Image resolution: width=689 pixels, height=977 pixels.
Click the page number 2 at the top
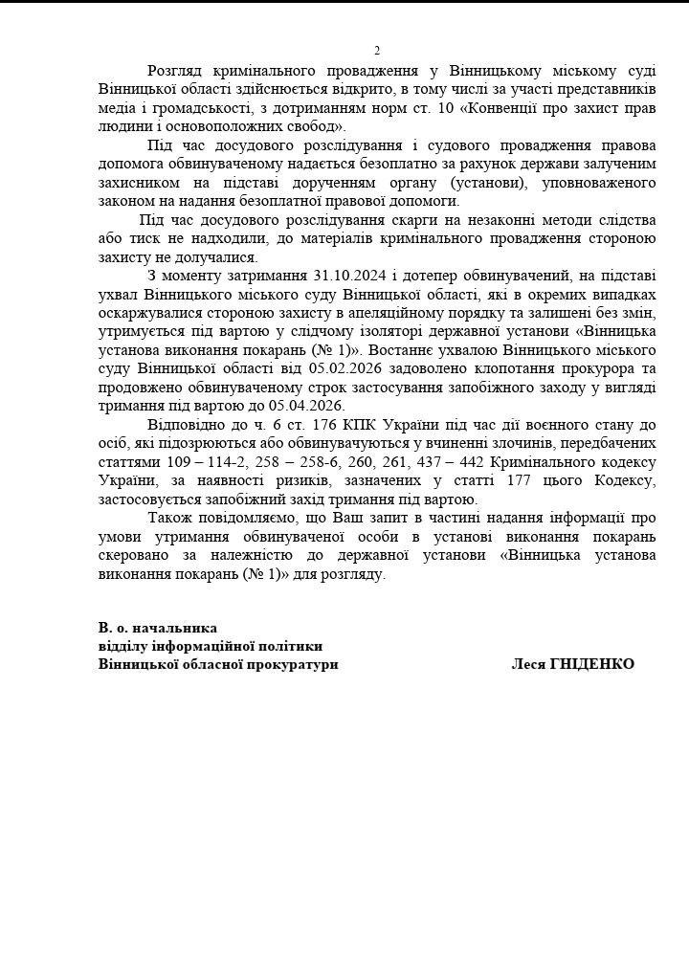[377, 51]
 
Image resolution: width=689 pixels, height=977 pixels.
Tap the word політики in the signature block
[291, 646]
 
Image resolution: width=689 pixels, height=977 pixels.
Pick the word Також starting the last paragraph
[170, 517]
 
